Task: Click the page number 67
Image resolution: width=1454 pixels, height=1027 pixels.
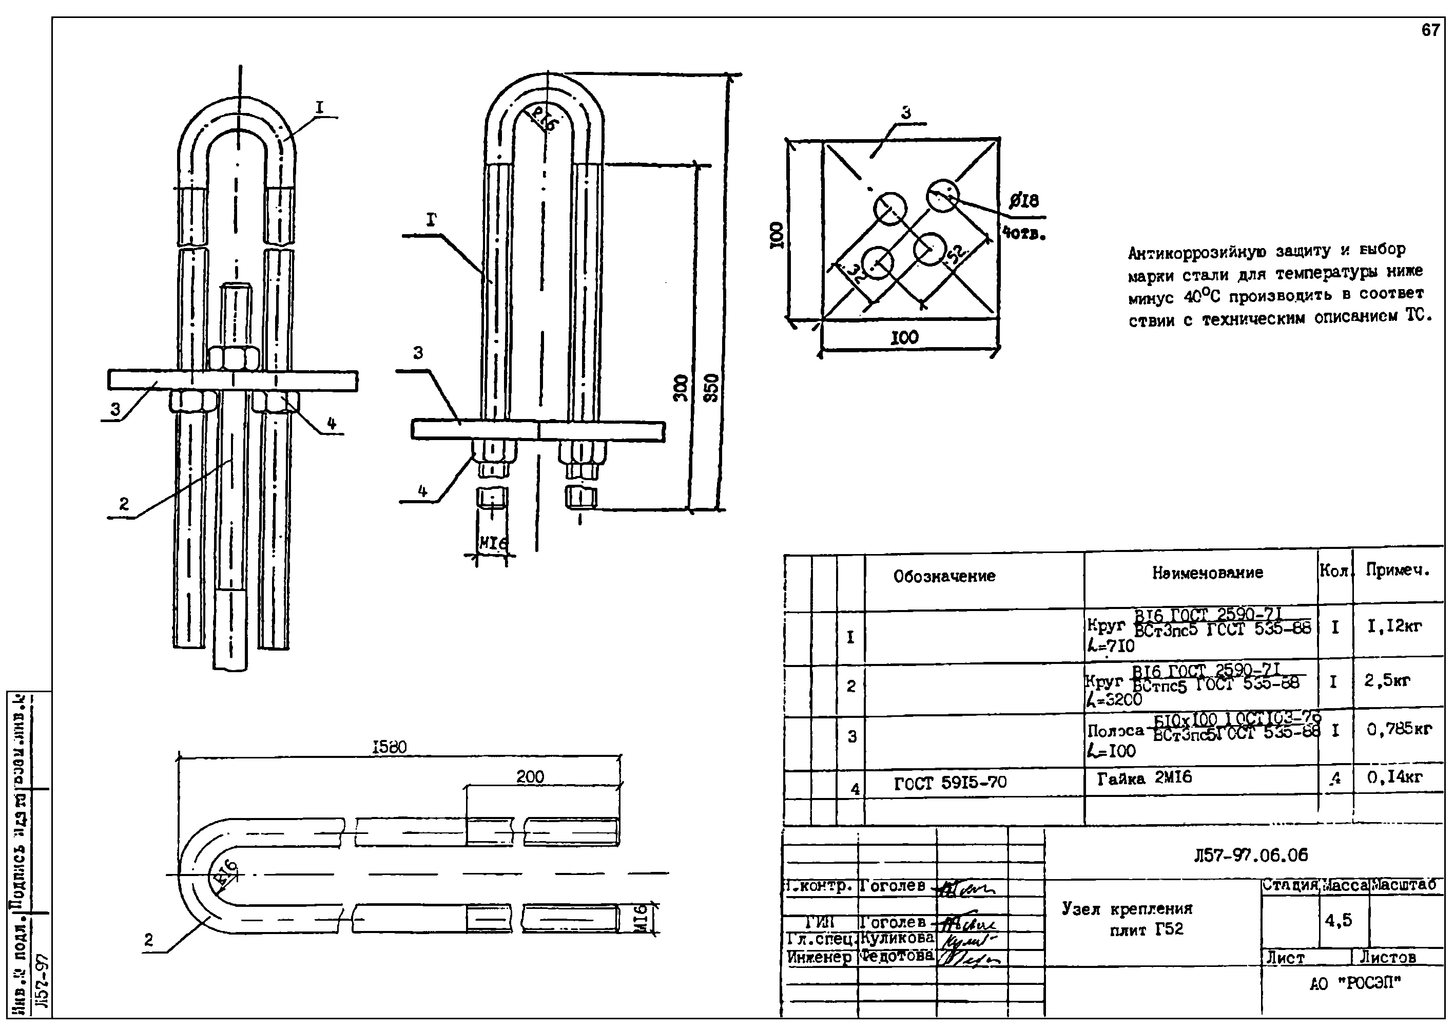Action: [x=1430, y=30]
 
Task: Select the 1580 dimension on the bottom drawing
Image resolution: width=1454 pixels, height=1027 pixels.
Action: [x=389, y=747]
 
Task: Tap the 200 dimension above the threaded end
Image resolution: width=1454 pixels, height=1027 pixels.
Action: [x=530, y=777]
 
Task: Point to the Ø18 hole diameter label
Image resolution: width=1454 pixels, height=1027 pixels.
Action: [x=1023, y=201]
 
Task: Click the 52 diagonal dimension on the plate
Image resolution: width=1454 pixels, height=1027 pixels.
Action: [x=956, y=254]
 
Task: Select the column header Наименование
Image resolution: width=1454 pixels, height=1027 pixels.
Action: [x=1207, y=573]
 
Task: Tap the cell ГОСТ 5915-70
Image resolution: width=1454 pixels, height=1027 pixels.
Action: [x=950, y=784]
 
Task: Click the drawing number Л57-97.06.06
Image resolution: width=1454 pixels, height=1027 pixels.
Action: [x=1251, y=855]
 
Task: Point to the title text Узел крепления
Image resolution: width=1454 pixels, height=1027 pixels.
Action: [x=1127, y=909]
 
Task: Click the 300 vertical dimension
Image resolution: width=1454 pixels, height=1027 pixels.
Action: [x=681, y=388]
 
